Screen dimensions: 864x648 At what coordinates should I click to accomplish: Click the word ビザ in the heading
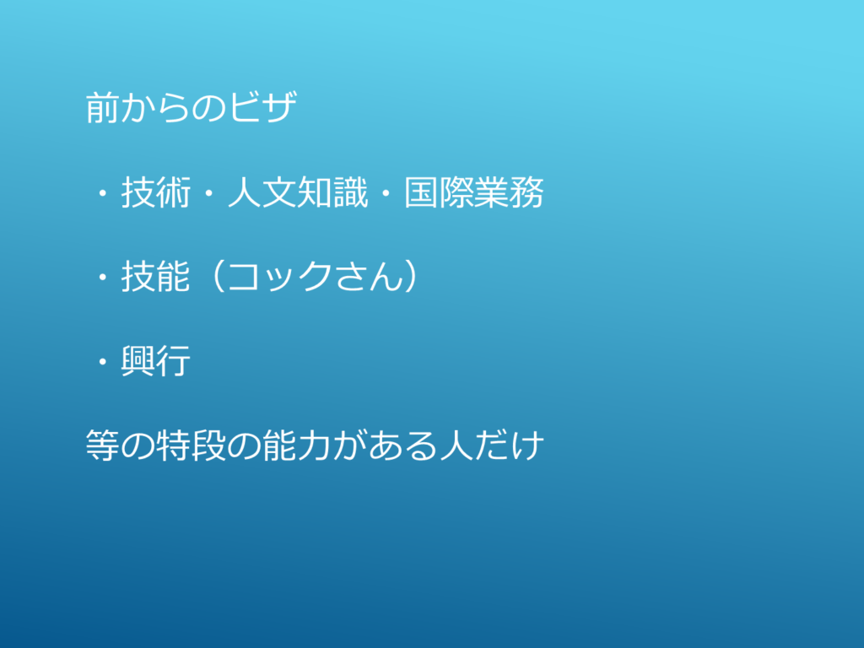coord(263,107)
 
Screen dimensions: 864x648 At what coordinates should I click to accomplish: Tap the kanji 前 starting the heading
coord(103,107)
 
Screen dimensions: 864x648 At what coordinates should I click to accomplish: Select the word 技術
coord(156,193)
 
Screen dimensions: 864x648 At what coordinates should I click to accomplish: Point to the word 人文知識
coord(298,193)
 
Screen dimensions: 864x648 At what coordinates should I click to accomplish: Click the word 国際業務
coord(474,193)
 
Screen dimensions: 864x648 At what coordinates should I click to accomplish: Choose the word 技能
coord(156,277)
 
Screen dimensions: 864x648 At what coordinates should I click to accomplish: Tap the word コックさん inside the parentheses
coord(316,277)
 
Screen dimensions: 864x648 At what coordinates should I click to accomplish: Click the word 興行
coord(156,361)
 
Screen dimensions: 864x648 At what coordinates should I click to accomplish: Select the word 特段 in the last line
coord(192,445)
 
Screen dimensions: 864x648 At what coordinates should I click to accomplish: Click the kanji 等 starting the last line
coord(103,445)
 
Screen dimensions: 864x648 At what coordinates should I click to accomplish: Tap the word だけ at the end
coord(509,445)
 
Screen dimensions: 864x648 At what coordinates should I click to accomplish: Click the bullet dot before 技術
coord(102,193)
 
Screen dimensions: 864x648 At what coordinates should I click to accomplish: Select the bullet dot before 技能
coord(102,278)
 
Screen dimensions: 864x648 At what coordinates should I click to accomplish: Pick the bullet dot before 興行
coord(102,362)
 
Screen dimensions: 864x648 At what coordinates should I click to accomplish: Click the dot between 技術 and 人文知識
coord(208,193)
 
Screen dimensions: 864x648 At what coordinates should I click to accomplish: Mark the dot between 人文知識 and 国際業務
coord(386,193)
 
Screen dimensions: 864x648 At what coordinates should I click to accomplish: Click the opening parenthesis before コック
coord(218,277)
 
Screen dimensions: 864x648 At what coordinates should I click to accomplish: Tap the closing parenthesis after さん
coord(411,277)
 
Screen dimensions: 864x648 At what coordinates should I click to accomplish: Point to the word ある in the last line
coord(402,445)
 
